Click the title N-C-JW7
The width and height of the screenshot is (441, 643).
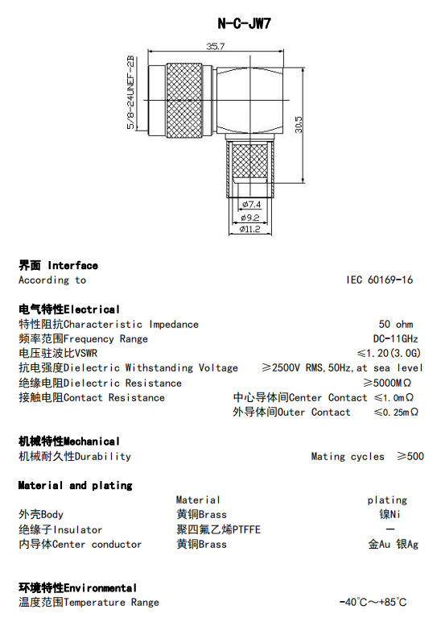pos(245,23)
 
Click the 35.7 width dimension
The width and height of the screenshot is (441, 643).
pos(216,46)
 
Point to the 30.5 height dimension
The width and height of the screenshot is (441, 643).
pos(299,125)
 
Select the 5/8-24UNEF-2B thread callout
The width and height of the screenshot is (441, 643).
pos(130,93)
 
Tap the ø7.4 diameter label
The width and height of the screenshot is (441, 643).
pos(251,204)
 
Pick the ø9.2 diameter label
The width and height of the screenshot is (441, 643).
pos(250,218)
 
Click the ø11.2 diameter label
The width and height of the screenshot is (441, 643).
pos(249,229)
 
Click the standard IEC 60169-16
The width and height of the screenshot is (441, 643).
pos(380,280)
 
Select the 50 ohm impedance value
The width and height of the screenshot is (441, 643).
pos(396,324)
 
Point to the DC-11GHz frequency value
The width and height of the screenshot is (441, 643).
pos(396,338)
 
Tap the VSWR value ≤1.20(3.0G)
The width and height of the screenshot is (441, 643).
pos(389,353)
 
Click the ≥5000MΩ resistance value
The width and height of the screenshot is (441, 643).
pos(387,383)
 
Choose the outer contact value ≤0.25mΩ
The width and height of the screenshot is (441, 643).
pos(396,412)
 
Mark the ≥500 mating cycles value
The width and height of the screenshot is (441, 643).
pos(410,456)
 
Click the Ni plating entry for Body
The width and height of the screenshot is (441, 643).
pos(389,514)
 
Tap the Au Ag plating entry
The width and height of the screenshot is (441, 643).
pos(393,544)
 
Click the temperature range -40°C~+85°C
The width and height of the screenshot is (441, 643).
pos(373,602)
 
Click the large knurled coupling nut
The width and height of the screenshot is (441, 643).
pos(184,101)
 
